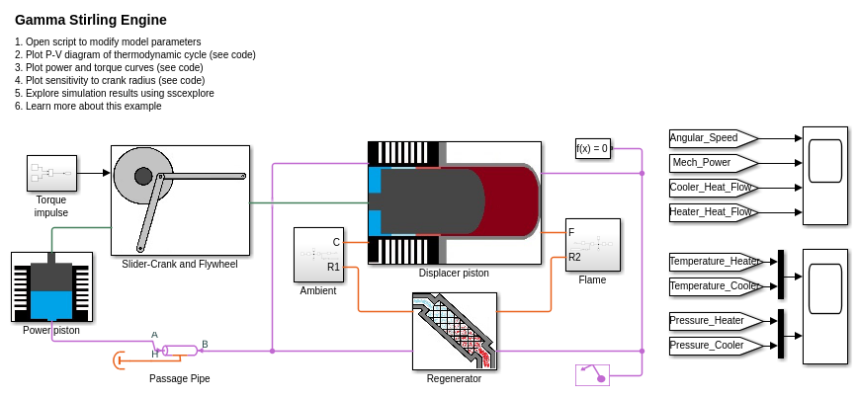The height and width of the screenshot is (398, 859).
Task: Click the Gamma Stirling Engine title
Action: (91, 20)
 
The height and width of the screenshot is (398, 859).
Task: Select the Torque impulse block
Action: (51, 173)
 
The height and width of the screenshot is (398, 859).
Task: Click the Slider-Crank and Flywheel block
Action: (180, 200)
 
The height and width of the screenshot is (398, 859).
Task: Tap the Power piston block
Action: (51, 286)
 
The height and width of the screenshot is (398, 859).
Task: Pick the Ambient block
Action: (318, 255)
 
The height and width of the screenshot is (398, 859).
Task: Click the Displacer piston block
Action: (454, 202)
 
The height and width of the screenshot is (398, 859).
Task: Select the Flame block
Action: (592, 245)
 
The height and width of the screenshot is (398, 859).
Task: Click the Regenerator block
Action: (454, 330)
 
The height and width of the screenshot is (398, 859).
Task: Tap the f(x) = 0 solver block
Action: (592, 149)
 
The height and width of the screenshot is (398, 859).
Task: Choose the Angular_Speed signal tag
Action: (711, 138)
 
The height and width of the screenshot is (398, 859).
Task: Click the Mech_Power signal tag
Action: (711, 162)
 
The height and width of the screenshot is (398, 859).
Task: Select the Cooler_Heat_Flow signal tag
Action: (711, 187)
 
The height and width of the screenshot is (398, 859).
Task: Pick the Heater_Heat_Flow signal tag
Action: (711, 211)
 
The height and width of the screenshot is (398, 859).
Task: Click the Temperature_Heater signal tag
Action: (714, 262)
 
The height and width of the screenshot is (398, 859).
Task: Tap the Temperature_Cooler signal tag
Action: (714, 286)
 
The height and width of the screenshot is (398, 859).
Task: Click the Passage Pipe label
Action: (179, 378)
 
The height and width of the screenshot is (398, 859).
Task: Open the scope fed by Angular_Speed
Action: (824, 175)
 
